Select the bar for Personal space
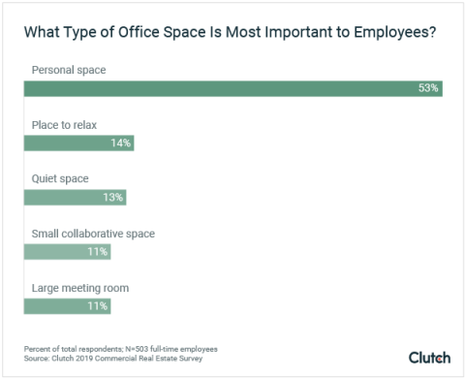[x=232, y=88]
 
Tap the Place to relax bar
[x=78, y=142]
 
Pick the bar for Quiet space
[x=75, y=197]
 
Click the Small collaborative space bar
[x=67, y=251]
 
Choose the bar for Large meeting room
[x=67, y=305]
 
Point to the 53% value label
[x=428, y=88]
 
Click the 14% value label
[x=120, y=142]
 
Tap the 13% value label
[x=112, y=197]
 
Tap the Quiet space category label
[x=59, y=178]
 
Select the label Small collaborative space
[x=93, y=233]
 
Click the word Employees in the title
[x=392, y=32]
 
